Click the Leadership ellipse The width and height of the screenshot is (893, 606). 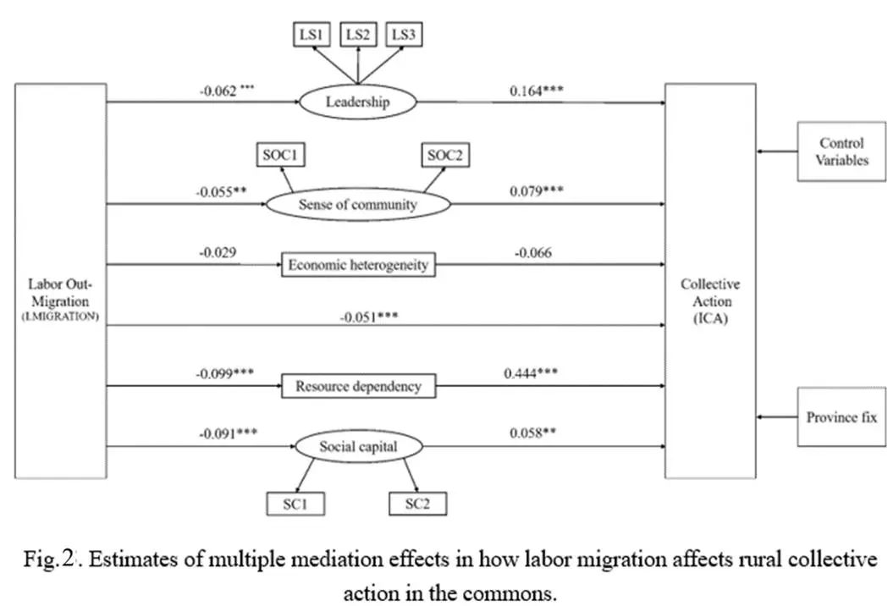point(358,102)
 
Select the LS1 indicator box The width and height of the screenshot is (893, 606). point(311,35)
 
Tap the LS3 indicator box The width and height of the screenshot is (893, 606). point(403,35)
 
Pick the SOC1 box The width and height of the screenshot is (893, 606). point(279,155)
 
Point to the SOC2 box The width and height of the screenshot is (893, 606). point(446,155)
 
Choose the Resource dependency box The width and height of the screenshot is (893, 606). point(358,387)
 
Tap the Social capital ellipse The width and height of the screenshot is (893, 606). point(358,446)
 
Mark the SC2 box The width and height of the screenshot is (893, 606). point(417,504)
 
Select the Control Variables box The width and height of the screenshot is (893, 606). point(841,151)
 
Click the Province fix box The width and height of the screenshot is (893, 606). point(841,417)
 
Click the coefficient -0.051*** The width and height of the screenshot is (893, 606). point(369,318)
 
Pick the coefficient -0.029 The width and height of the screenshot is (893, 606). point(218,251)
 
